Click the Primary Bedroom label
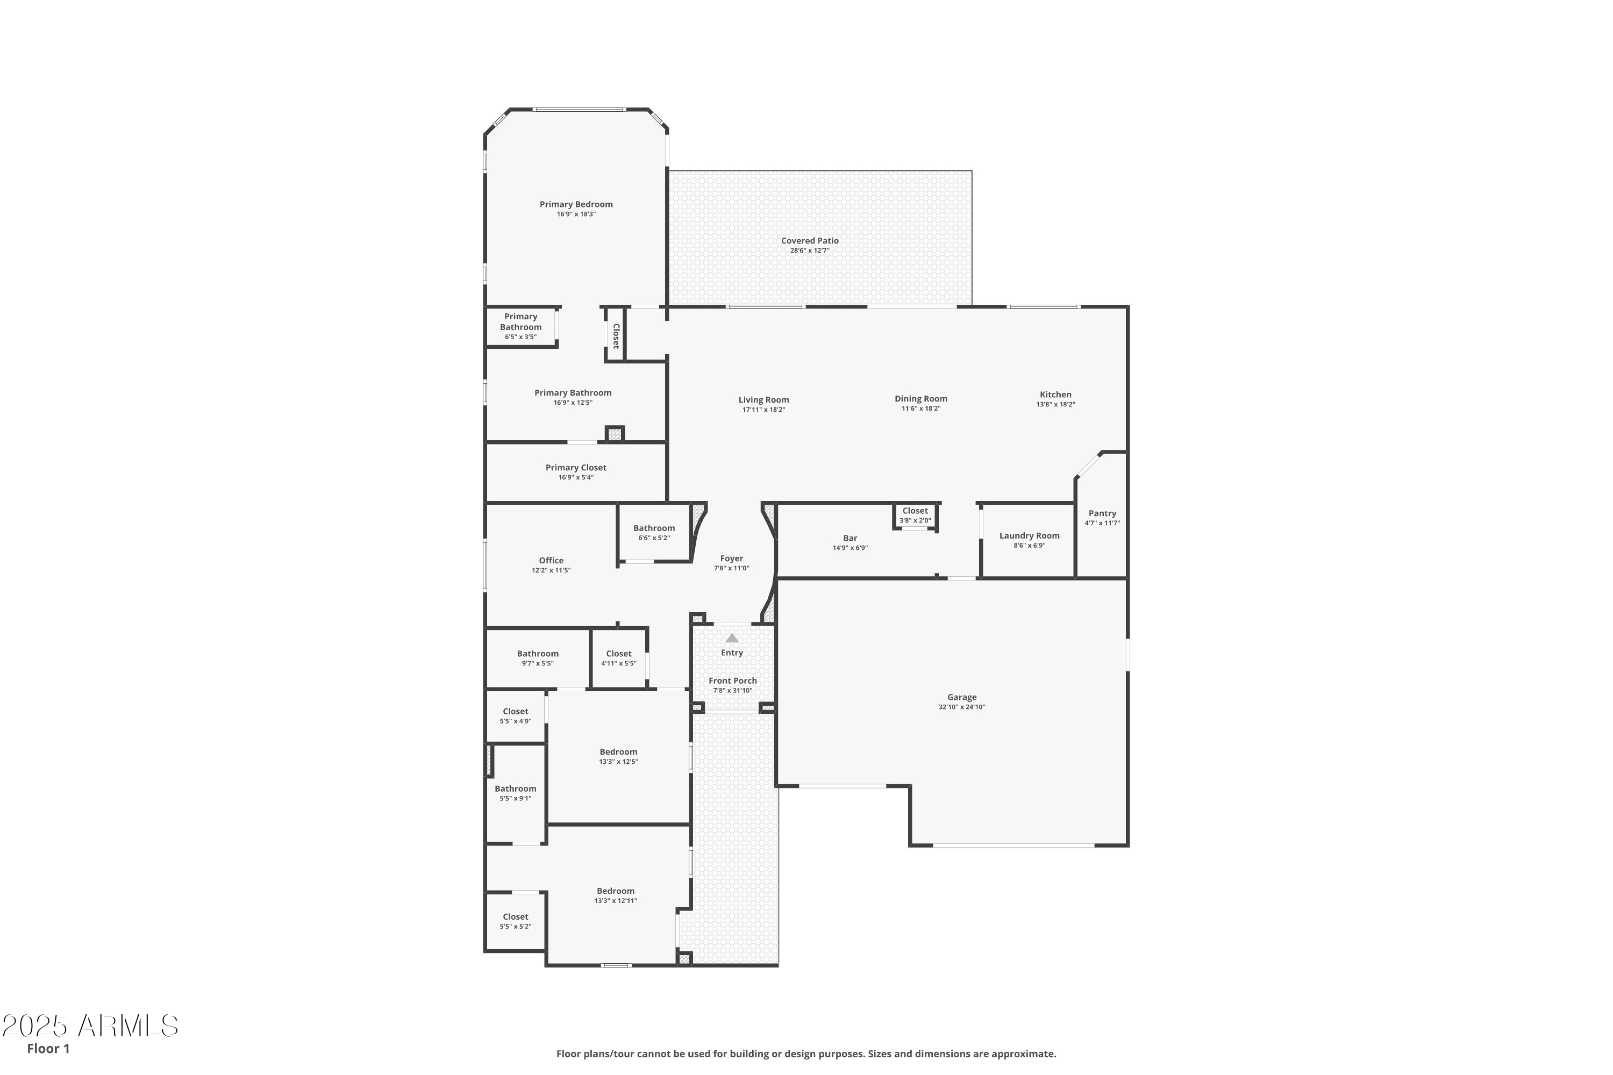click(576, 204)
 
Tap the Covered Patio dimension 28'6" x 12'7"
click(810, 251)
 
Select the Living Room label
click(763, 400)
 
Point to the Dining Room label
click(921, 399)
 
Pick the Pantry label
click(1102, 513)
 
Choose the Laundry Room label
click(1030, 536)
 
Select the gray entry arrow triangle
click(732, 637)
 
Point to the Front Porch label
click(732, 682)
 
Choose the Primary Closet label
click(576, 468)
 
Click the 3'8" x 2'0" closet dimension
click(915, 521)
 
